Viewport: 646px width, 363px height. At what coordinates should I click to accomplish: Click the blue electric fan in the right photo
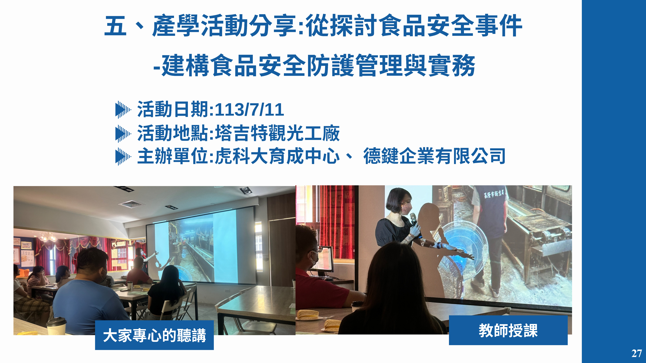464,250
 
